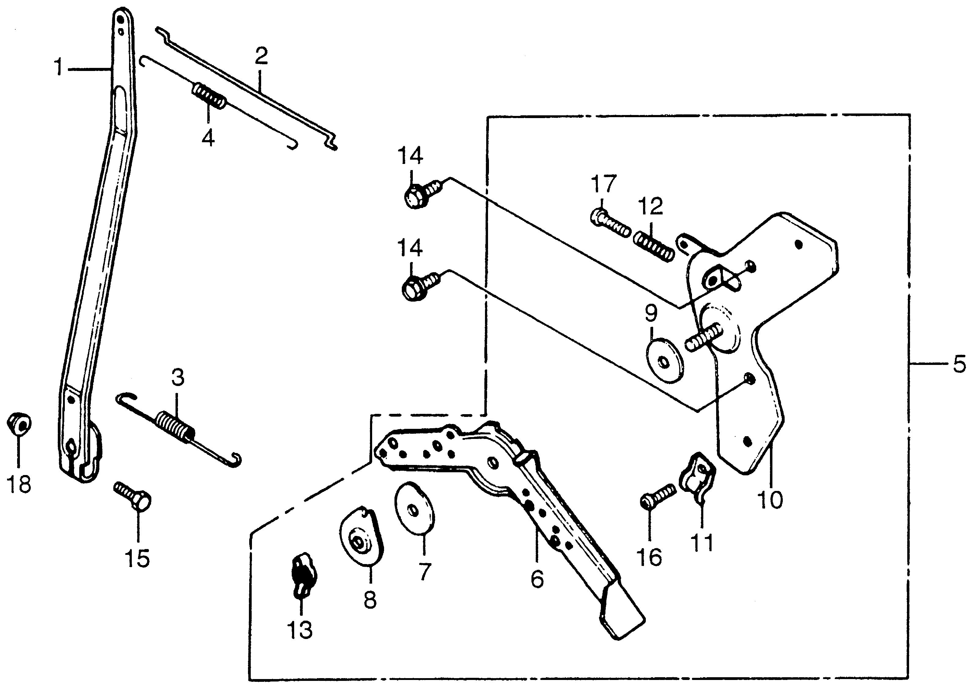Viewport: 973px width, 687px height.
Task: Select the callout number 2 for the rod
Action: [261, 56]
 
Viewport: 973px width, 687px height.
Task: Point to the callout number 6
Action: [537, 578]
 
